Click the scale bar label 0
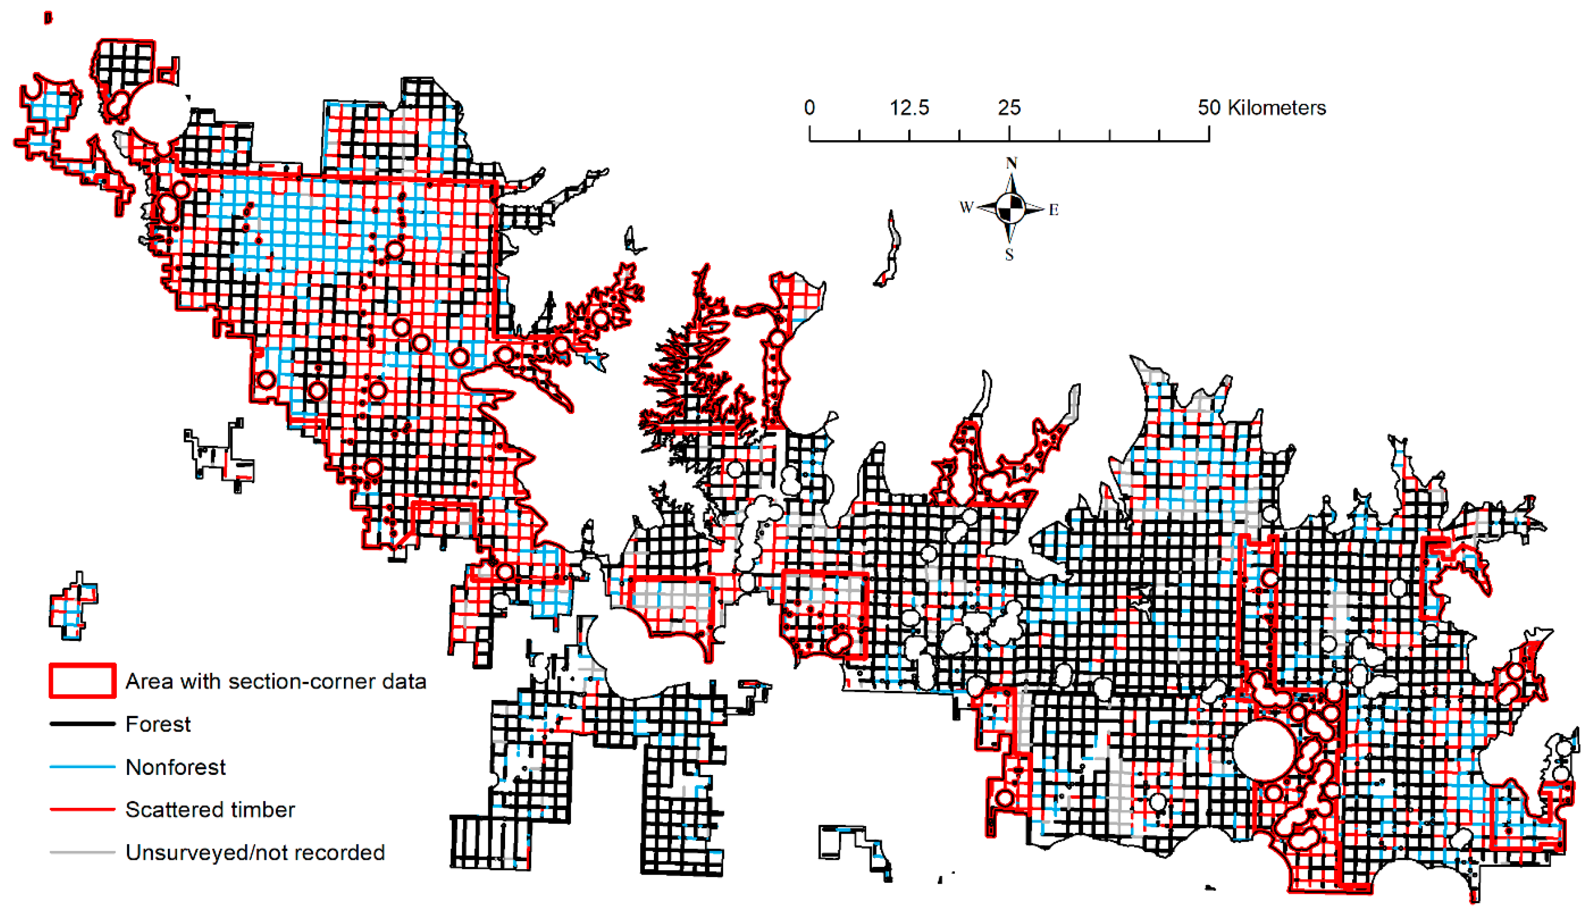tap(809, 108)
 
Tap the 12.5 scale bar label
tap(909, 108)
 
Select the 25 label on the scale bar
tap(1009, 108)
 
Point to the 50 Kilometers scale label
tap(1262, 108)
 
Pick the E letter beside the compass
tap(1054, 210)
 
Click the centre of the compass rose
tap(1010, 208)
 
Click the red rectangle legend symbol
tap(83, 681)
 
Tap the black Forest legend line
tap(83, 724)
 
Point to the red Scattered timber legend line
tap(83, 809)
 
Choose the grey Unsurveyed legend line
tap(83, 852)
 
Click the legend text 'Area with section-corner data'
tap(276, 681)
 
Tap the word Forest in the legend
tap(158, 724)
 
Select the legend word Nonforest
tap(176, 767)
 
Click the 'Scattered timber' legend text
tap(210, 809)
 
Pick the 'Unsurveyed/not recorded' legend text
tap(255, 852)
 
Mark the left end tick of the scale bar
tap(810, 134)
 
